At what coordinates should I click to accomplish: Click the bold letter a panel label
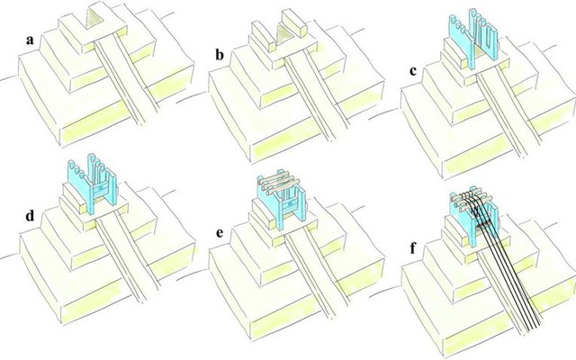pos(30,40)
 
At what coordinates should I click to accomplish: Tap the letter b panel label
pos(220,55)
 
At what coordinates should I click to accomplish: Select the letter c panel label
pos(414,71)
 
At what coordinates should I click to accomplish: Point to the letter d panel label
pos(30,215)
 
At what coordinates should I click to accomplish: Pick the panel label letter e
pos(220,233)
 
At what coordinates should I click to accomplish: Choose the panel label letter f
pos(412,248)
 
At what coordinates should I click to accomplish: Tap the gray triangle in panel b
pos(283,36)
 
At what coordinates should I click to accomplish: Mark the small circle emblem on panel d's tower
pos(98,189)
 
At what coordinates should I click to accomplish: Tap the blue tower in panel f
pos(474,220)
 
